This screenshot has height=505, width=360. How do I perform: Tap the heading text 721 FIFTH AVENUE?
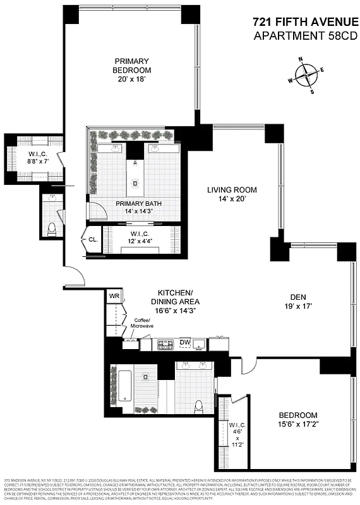pyautogui.click(x=304, y=22)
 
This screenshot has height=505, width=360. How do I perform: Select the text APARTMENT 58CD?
pyautogui.click(x=304, y=36)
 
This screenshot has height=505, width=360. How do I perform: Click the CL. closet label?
pyautogui.click(x=92, y=241)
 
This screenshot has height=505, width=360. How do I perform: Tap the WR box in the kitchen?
pyautogui.click(x=114, y=296)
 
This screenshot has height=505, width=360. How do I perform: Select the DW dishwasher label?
pyautogui.click(x=185, y=343)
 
